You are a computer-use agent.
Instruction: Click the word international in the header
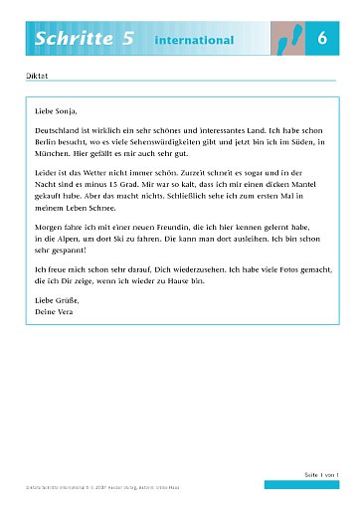[x=194, y=40]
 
